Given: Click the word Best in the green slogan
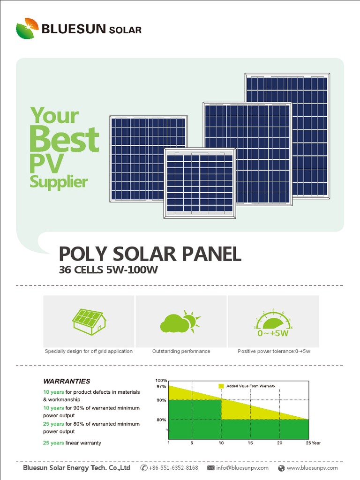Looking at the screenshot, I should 64,139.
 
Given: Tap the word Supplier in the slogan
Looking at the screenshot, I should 59,181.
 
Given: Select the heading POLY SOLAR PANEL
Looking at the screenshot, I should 150,254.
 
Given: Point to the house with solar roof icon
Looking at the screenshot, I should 89,321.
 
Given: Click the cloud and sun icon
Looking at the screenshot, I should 180,322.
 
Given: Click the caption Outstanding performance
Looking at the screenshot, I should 181,351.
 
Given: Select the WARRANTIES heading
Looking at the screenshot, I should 67,381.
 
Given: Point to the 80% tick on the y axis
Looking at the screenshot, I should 161,420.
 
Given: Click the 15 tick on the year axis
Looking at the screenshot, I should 250,443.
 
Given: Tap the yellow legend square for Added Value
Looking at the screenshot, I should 221,386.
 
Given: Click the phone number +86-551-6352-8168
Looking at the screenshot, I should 173,468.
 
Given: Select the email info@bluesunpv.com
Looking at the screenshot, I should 242,468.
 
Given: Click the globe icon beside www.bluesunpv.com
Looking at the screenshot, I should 281,468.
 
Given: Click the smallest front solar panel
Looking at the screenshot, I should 200,183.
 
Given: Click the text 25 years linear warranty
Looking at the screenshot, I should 72,443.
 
